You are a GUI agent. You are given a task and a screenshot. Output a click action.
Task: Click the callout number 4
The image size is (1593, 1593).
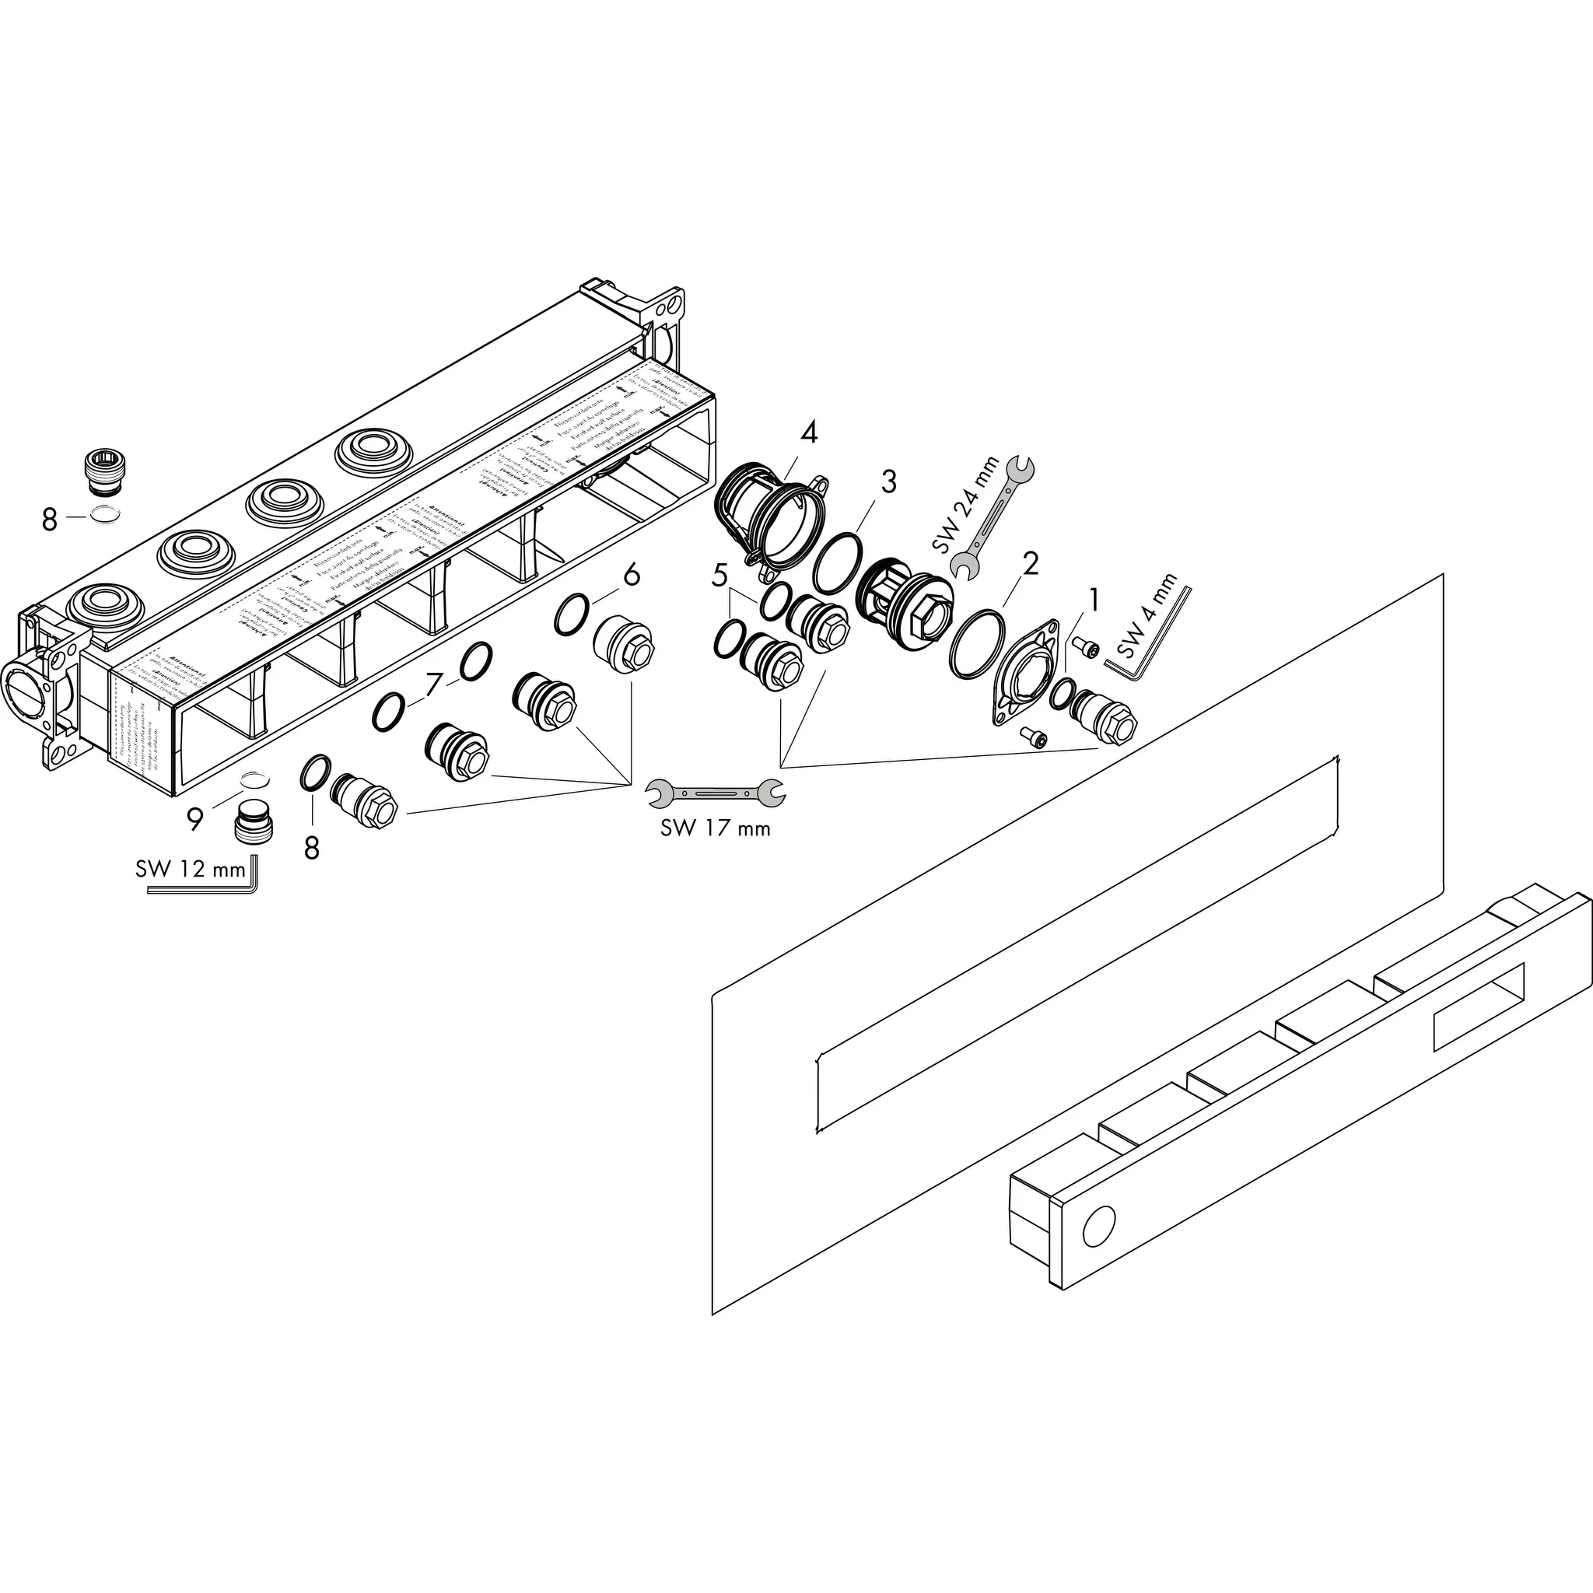click(x=809, y=432)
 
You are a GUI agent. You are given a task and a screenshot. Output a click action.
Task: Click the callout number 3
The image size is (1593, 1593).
click(x=888, y=481)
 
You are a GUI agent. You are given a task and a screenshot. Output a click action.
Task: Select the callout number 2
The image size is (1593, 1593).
click(x=1030, y=564)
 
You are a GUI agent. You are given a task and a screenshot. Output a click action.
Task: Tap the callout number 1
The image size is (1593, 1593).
click(x=1094, y=600)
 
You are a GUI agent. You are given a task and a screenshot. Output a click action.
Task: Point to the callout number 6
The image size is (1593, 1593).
click(x=632, y=575)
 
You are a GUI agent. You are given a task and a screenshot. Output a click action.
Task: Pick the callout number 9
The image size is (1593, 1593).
click(x=194, y=819)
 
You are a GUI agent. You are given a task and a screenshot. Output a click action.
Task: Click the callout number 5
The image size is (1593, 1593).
click(x=719, y=575)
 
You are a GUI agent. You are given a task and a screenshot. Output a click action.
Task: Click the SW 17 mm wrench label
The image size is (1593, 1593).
click(x=715, y=828)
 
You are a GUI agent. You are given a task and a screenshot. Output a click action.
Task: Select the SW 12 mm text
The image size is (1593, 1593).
click(x=191, y=869)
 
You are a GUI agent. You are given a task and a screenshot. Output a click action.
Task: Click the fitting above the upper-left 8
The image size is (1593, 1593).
click(x=104, y=471)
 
